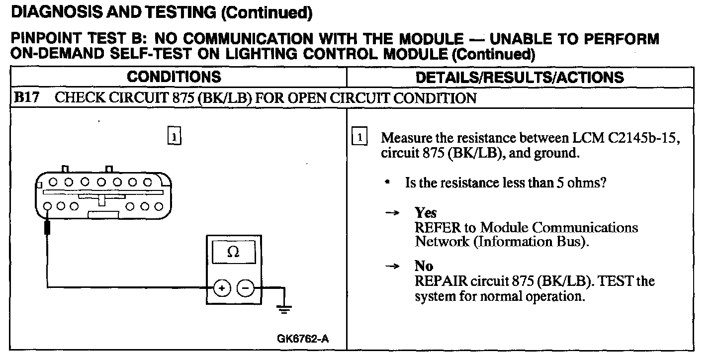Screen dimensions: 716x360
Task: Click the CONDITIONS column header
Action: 174,77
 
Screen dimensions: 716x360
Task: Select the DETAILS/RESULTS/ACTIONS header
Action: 520,77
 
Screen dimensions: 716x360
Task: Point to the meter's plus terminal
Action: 222,288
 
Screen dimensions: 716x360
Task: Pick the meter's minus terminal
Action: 245,288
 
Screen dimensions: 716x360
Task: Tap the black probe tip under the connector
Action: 48,228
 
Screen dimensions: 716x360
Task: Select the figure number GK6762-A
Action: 303,339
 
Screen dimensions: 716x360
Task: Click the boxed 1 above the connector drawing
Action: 174,136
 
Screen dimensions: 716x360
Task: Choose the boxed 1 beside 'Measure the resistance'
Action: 359,136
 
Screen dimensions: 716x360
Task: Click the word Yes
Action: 426,213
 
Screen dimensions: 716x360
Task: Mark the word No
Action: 424,266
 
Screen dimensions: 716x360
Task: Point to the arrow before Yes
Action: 393,213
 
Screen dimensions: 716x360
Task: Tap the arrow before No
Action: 393,267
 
